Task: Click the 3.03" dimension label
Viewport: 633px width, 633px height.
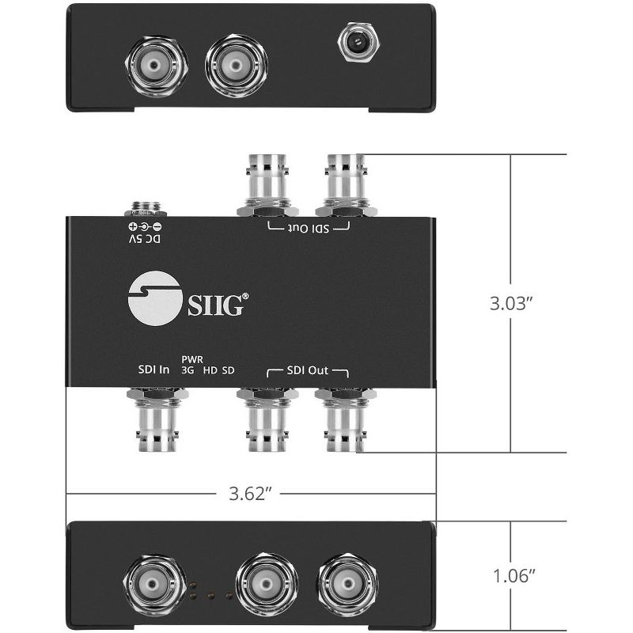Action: click(x=511, y=302)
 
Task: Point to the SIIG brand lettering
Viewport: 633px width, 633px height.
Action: click(x=210, y=302)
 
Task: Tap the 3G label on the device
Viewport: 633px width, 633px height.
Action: click(x=188, y=370)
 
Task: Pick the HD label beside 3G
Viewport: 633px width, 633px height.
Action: click(x=210, y=370)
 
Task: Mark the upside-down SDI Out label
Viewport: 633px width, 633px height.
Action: click(x=309, y=227)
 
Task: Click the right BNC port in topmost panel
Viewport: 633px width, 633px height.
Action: click(x=236, y=63)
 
